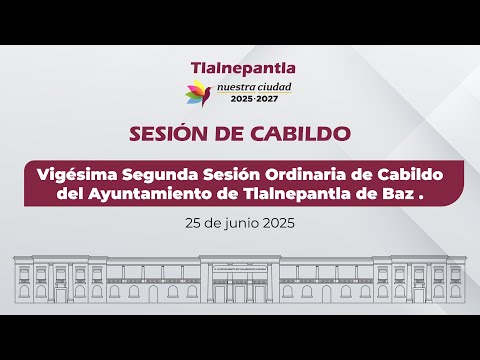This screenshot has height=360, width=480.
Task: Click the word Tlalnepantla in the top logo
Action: (x=243, y=68)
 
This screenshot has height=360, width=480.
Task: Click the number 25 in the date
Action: (x=193, y=226)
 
